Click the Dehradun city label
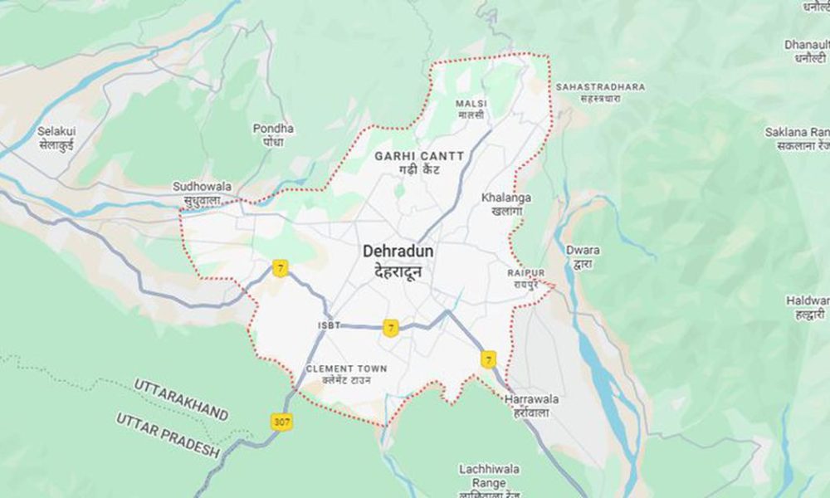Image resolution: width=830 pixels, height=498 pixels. pyautogui.click(x=398, y=251)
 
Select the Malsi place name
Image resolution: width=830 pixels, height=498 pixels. pyautogui.click(x=471, y=105)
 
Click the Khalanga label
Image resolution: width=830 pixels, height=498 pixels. pyautogui.click(x=506, y=198)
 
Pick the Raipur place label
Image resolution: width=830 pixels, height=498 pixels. pyautogui.click(x=526, y=273)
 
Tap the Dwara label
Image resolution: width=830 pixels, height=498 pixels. pyautogui.click(x=582, y=249)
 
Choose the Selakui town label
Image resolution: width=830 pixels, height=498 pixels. pyautogui.click(x=56, y=131)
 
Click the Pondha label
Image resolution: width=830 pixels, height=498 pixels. pyautogui.click(x=273, y=129)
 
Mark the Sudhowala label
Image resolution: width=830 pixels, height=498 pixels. pyautogui.click(x=202, y=188)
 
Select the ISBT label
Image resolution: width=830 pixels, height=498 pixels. pyautogui.click(x=329, y=325)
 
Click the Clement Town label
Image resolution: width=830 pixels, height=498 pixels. pyautogui.click(x=345, y=369)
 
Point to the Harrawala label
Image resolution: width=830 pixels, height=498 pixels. pyautogui.click(x=531, y=400)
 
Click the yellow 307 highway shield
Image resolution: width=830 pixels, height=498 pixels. pyautogui.click(x=282, y=422)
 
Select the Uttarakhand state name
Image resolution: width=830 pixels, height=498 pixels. pyautogui.click(x=180, y=399)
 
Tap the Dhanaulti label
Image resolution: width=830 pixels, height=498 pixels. pyautogui.click(x=806, y=46)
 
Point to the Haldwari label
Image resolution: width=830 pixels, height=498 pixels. pyautogui.click(x=807, y=300)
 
